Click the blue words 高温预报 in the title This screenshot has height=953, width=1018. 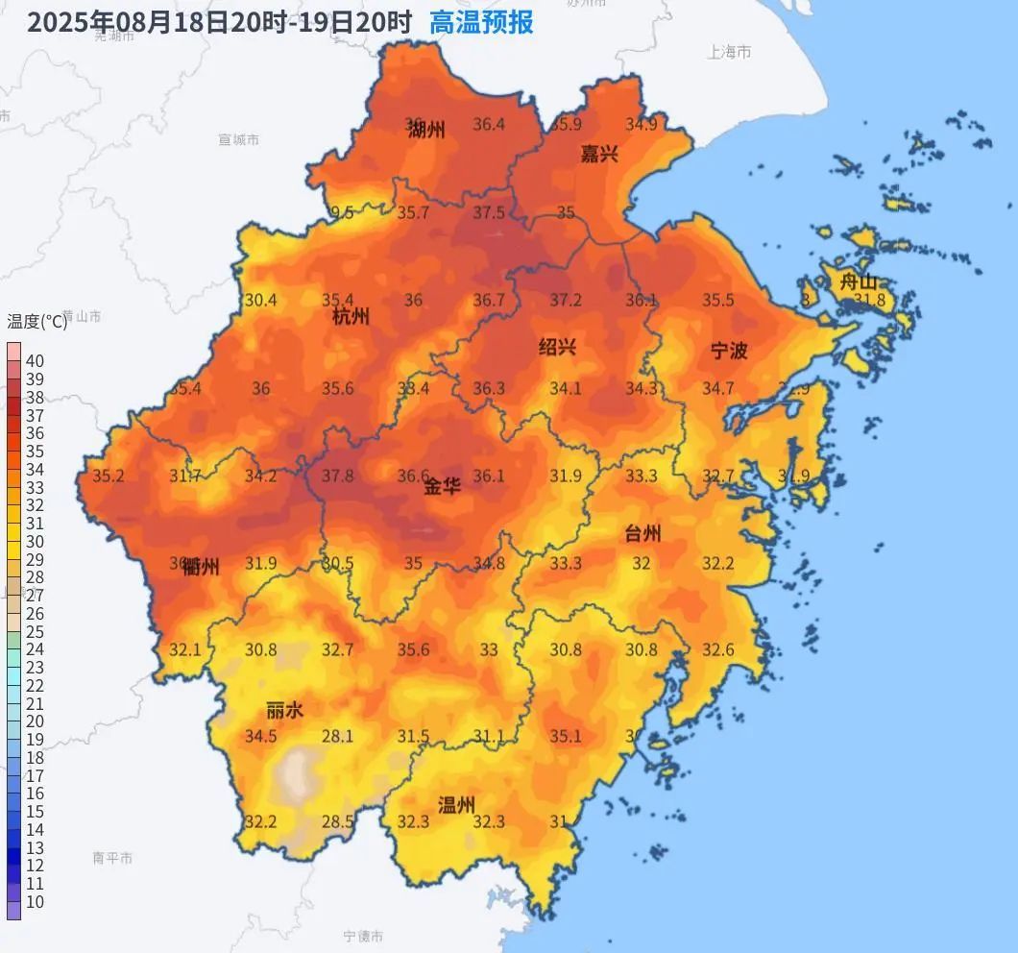click(x=481, y=22)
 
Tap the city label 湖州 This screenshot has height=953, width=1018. click(x=426, y=131)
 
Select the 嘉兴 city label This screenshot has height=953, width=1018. click(x=599, y=153)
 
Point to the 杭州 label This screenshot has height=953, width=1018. click(x=351, y=318)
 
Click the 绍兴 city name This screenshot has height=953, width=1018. click(x=557, y=348)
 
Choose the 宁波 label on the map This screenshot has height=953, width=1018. click(x=729, y=351)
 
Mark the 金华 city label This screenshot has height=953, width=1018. click(x=443, y=487)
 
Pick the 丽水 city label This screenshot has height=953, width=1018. click(x=285, y=711)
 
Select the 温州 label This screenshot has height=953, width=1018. click(x=456, y=805)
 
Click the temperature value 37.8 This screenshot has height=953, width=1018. click(x=337, y=476)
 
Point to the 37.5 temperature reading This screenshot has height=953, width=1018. click(x=488, y=212)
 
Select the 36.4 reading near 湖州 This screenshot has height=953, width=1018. click(x=488, y=124)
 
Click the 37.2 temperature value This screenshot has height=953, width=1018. click(x=565, y=301)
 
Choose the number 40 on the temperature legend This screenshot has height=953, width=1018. click(x=35, y=361)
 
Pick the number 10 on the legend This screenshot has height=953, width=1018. click(x=35, y=902)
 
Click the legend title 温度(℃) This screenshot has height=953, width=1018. click(x=37, y=321)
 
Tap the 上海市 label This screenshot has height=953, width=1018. click(x=730, y=53)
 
